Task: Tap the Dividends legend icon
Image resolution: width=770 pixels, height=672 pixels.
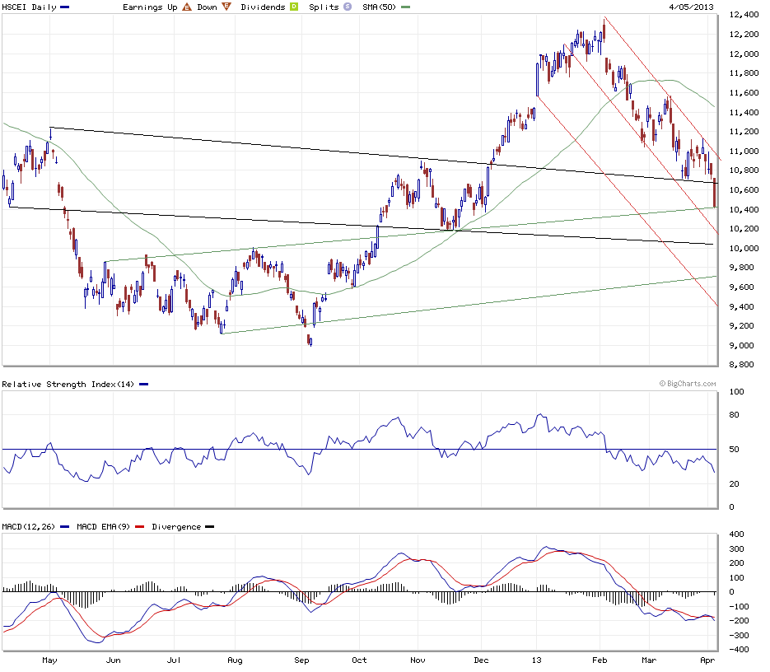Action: point(292,7)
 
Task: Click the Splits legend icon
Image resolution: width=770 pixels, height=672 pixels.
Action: point(348,7)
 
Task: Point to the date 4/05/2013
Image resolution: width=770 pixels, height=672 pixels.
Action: point(691,7)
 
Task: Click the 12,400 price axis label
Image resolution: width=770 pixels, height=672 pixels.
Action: point(744,15)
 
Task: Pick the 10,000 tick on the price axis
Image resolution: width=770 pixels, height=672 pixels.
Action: point(744,248)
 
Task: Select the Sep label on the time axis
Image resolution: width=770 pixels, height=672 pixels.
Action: point(302,660)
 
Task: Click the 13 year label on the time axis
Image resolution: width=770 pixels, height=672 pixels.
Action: point(538,660)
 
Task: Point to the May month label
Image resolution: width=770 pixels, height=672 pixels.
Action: point(50,660)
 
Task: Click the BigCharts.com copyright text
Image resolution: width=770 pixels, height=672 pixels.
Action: point(687,384)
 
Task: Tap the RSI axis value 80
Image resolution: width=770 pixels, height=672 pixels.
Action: point(733,414)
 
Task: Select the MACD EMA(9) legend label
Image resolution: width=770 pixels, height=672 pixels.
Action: point(104,526)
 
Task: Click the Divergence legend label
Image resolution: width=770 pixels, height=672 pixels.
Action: point(176,526)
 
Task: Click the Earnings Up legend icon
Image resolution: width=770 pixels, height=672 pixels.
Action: point(187,7)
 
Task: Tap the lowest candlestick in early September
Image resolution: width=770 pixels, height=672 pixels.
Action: point(310,341)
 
